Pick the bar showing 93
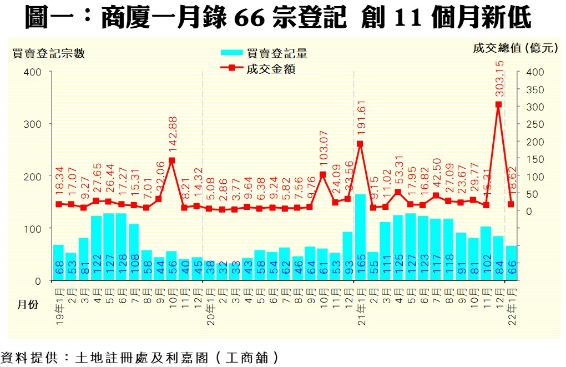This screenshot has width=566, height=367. pyautogui.click(x=347, y=256)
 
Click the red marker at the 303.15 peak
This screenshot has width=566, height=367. pyautogui.click(x=498, y=104)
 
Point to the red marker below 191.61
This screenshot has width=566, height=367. pyautogui.click(x=360, y=144)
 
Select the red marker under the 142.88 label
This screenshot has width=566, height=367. pyautogui.click(x=171, y=160)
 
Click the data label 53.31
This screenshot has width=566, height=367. pyautogui.click(x=398, y=171)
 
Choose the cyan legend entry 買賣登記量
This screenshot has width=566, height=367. pyautogui.click(x=264, y=53)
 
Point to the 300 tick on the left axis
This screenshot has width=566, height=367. pyautogui.click(x=33, y=124)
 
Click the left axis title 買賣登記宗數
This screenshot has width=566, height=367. pyautogui.click(x=49, y=53)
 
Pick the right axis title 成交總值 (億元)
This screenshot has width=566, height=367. pyautogui.click(x=515, y=48)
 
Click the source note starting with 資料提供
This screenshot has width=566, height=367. pyautogui.click(x=139, y=357)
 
